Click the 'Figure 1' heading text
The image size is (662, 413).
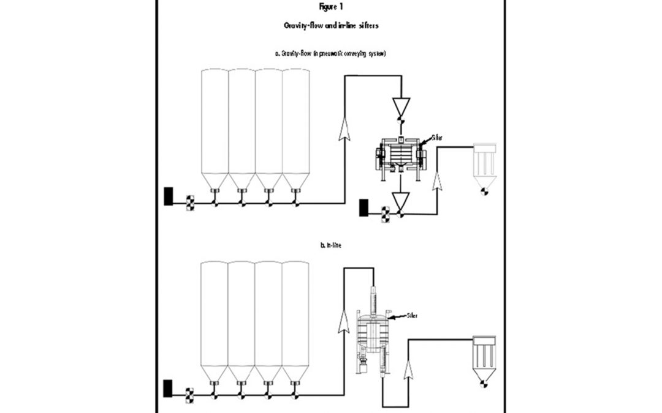(x=330, y=8)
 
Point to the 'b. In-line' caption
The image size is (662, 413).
(x=331, y=245)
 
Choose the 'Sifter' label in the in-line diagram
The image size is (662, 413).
(x=415, y=316)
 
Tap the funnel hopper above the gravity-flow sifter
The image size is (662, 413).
(x=401, y=108)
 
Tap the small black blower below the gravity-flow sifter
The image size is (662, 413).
(x=364, y=207)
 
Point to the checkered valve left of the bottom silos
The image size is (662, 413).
(x=189, y=393)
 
